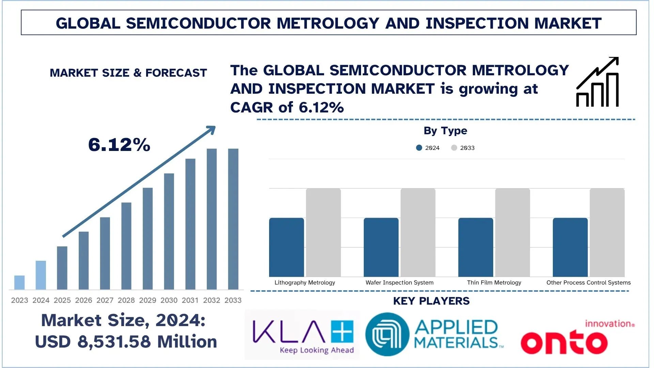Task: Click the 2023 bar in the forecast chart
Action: point(19,282)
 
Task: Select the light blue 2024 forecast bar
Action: point(41,275)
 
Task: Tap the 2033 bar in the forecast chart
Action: point(233,219)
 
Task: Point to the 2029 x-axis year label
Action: point(147,300)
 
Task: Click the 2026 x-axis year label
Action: point(83,300)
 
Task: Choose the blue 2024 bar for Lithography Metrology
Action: point(286,247)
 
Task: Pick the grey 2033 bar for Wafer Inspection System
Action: point(418,232)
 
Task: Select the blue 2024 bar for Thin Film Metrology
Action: point(476,247)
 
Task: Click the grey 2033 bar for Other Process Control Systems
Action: point(607,232)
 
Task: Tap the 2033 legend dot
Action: point(454,148)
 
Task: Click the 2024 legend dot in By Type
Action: point(419,148)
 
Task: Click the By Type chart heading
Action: point(445,131)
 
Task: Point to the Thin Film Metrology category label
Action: point(494,282)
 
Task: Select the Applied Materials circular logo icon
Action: point(387,334)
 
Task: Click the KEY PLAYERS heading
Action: point(431,301)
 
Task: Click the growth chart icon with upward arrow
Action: point(597,82)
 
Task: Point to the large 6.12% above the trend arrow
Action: point(119,144)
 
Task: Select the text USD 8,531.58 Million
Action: point(126,341)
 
